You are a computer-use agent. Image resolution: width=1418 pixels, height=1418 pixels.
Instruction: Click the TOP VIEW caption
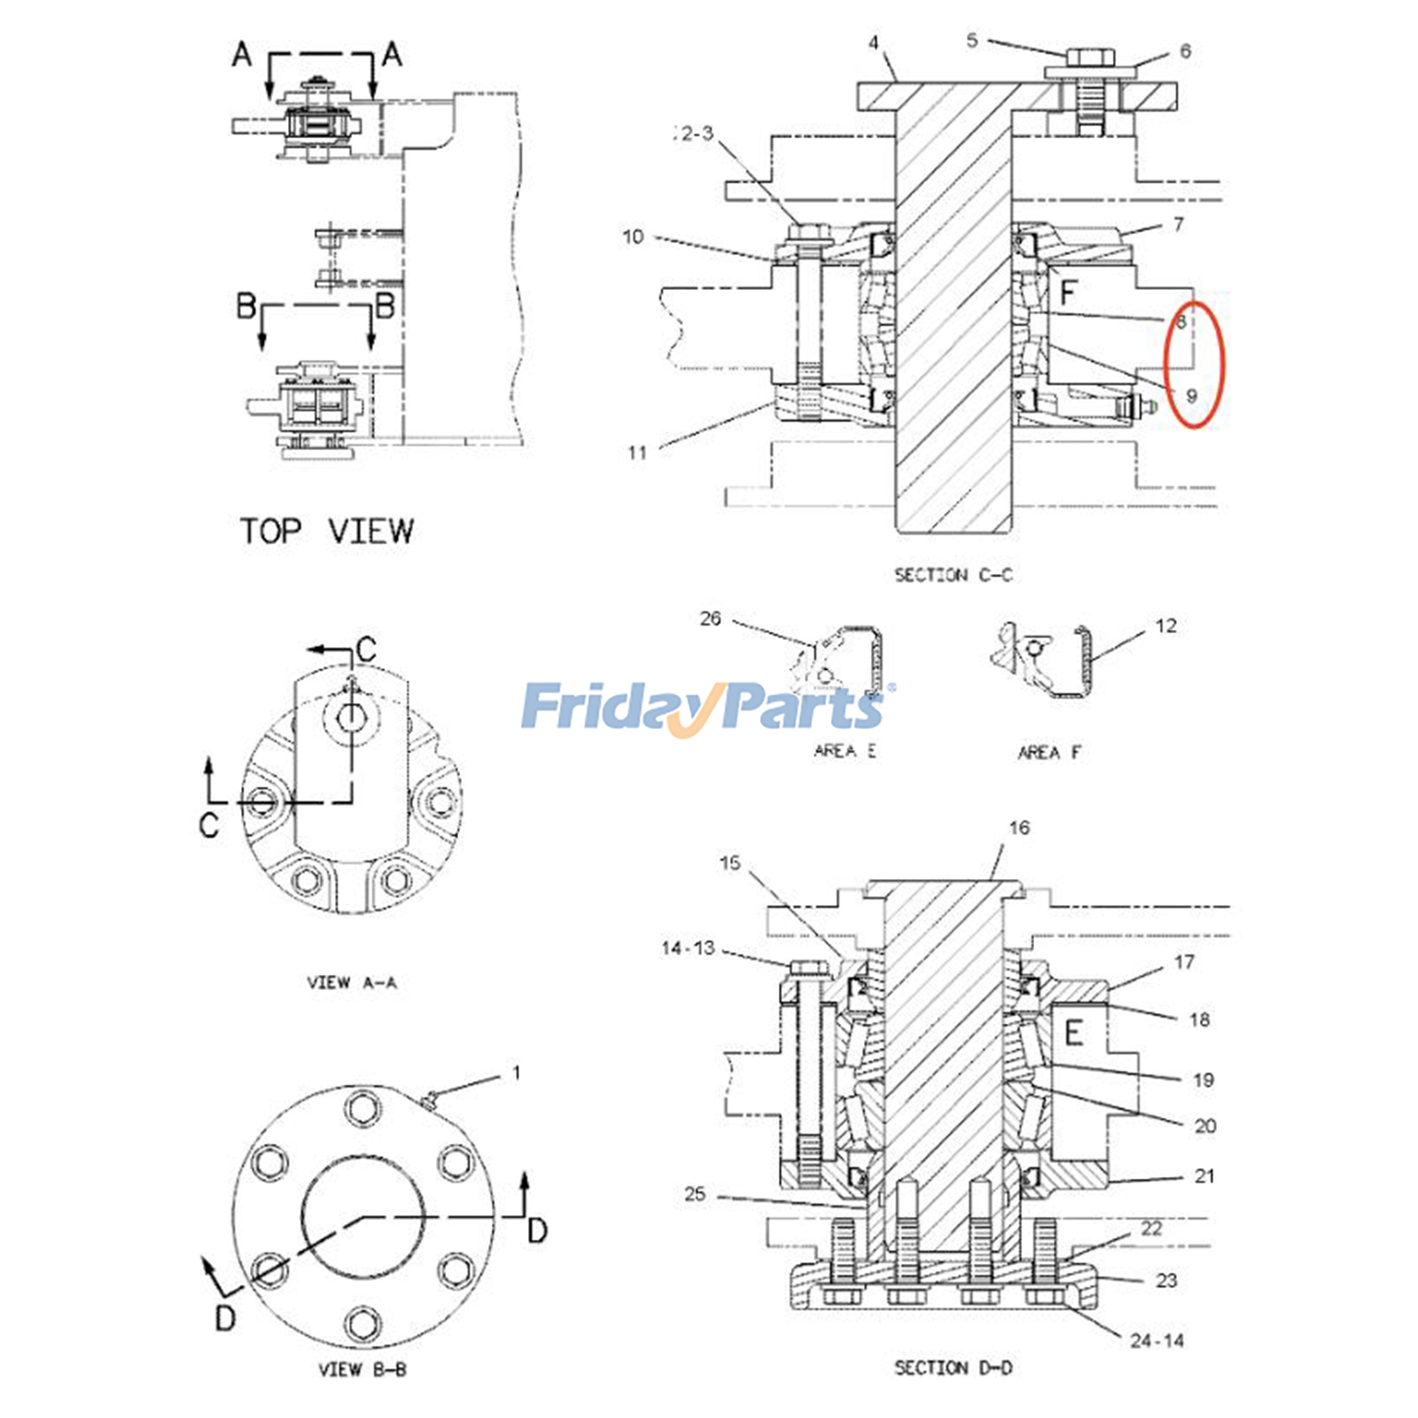tap(326, 531)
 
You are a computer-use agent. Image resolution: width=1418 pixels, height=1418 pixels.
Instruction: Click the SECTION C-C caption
tap(953, 575)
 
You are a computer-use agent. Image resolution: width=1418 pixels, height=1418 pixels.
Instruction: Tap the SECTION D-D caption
tap(953, 1367)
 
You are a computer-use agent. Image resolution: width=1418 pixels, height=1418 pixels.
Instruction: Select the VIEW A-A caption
tap(352, 982)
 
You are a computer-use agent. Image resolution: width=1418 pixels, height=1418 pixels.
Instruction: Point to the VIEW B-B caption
tap(362, 1369)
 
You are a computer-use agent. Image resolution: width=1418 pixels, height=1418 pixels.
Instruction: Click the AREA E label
tap(845, 751)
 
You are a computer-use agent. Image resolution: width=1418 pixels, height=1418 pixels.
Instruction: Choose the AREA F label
tap(1049, 752)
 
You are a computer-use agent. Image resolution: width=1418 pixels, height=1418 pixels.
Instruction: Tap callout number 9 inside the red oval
tap(1191, 395)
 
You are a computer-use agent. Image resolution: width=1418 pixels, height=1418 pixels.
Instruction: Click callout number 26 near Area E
tap(710, 619)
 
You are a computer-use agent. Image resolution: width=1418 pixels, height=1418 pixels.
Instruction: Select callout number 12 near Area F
tap(1165, 626)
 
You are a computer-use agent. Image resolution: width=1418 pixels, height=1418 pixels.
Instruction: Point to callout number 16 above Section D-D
tap(1019, 828)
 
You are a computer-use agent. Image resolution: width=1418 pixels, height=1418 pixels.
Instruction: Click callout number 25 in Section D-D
tap(695, 1194)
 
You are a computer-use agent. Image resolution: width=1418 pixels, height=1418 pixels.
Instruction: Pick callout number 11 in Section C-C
tap(637, 453)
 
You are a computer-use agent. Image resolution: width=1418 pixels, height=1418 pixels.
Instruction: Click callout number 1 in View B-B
tap(516, 1073)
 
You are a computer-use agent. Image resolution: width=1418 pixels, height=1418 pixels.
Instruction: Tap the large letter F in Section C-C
tap(1068, 292)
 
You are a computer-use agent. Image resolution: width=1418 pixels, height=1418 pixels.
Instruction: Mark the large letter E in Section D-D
tap(1073, 1032)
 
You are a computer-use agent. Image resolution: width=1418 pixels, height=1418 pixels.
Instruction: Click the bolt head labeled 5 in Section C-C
tap(1088, 58)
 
